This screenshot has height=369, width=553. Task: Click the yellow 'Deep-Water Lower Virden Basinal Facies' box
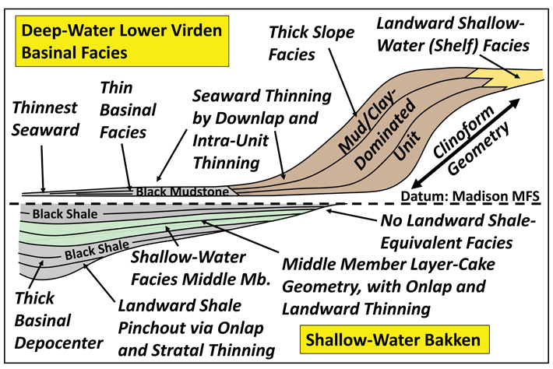(x=122, y=41)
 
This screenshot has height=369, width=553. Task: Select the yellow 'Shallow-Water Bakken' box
(x=394, y=339)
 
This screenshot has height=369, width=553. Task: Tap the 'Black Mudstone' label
(x=182, y=192)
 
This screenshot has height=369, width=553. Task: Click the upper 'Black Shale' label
(x=65, y=213)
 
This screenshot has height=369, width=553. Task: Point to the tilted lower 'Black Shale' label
(x=97, y=250)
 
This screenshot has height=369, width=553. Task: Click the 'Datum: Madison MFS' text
(x=470, y=196)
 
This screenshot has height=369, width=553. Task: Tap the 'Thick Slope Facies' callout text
(x=311, y=44)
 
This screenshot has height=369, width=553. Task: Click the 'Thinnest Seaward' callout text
(x=45, y=118)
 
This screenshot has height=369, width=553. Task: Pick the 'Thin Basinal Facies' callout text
(x=128, y=110)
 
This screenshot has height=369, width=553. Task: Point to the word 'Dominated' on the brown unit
(x=385, y=134)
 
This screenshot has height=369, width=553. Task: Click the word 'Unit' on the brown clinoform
(x=407, y=146)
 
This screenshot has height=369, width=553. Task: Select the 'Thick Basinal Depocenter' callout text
(x=58, y=321)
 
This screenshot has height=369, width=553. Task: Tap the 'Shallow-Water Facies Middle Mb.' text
(x=200, y=269)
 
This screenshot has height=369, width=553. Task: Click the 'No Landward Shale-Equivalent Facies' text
(x=458, y=231)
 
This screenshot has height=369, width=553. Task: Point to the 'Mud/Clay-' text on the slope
(x=367, y=122)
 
